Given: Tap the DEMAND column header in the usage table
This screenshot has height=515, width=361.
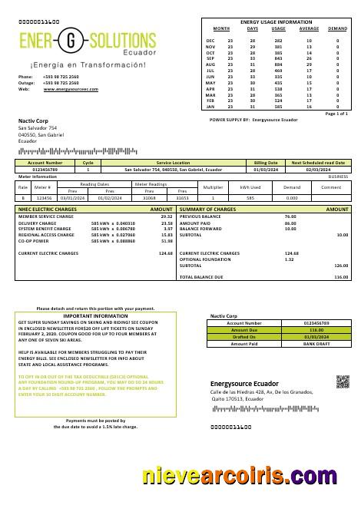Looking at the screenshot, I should (x=337, y=28).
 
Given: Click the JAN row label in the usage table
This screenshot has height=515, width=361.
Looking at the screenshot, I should (x=210, y=107).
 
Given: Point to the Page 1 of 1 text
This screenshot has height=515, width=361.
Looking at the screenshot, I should (x=336, y=114).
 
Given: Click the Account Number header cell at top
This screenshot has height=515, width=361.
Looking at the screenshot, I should (x=45, y=163).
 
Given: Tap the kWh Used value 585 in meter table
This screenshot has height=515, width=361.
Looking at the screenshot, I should (x=250, y=197).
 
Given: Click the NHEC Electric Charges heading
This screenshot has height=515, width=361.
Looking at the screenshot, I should (x=47, y=209).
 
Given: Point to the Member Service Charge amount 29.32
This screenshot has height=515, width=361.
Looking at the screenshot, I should (x=167, y=216).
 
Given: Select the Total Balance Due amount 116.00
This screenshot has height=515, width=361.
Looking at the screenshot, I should (x=341, y=277).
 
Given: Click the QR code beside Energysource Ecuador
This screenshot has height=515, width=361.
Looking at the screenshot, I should (x=343, y=381).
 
